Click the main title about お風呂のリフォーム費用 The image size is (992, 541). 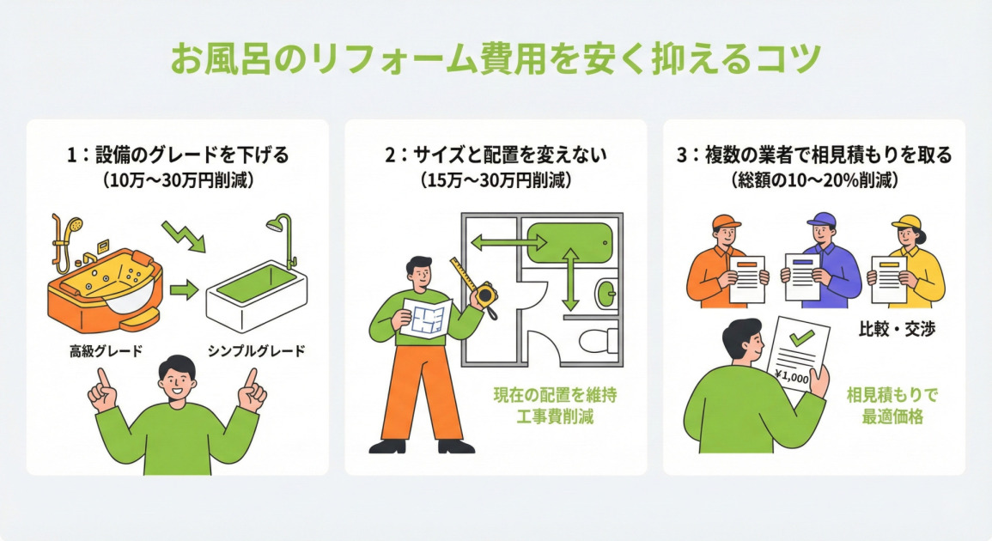click(x=496, y=60)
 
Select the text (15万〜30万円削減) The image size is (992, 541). click(x=496, y=181)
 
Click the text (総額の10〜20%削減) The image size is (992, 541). click(x=814, y=181)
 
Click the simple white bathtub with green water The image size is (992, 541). click(x=256, y=296)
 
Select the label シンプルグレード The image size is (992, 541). click(x=256, y=351)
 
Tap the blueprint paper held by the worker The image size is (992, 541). click(x=427, y=320)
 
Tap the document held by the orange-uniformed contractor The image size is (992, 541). click(x=746, y=277)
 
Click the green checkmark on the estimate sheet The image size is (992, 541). click(x=800, y=338)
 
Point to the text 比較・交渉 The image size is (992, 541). click(x=897, y=330)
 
